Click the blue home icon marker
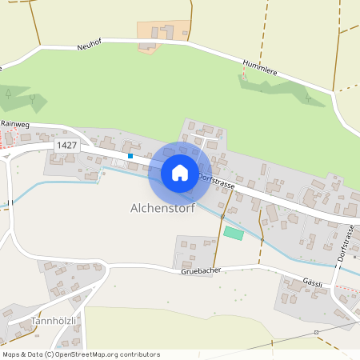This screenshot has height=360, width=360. click(180, 172)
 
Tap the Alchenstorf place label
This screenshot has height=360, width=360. click(162, 208)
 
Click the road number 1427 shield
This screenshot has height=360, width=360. click(66, 145)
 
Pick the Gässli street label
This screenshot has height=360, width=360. click(313, 282)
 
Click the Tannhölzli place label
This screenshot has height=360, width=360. click(53, 321)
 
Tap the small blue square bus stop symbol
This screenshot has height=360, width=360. click(130, 155)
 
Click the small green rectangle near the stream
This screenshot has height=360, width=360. click(233, 233)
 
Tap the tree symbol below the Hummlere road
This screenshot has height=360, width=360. click(309, 98)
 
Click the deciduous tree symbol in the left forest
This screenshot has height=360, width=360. click(32, 98)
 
